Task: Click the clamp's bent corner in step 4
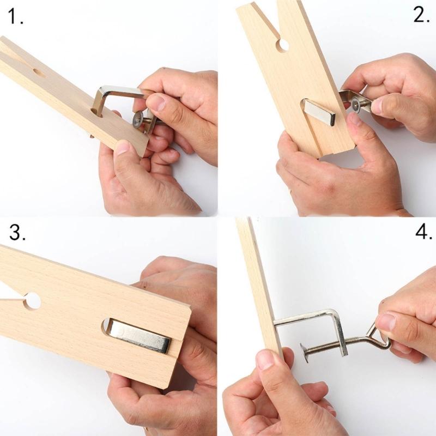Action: coord(337,316)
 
